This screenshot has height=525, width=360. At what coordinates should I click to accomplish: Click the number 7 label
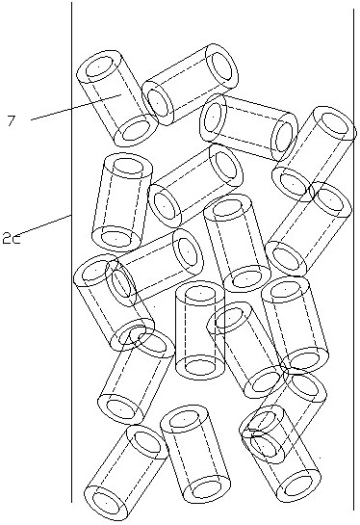pos(11,120)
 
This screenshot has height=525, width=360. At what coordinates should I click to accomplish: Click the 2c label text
pos(11,238)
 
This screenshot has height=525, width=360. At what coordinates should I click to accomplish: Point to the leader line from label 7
pos(76,107)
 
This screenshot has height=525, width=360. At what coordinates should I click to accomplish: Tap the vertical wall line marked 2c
pos(71,251)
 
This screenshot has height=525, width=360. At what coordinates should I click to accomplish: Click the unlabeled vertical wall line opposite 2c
pos(353,259)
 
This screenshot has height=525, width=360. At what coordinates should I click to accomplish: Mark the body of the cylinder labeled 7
pos(117,99)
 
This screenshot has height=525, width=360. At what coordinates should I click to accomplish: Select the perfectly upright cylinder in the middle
pos(200,330)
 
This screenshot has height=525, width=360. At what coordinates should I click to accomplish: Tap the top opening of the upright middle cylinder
pos(200,294)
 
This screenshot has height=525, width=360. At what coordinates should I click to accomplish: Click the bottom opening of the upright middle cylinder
pos(200,367)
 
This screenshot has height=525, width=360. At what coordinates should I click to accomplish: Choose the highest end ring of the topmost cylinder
pos(221,66)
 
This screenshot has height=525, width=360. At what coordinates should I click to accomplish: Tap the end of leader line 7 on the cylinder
pos(120,94)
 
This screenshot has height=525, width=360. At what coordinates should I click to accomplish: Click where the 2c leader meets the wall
pos(71,215)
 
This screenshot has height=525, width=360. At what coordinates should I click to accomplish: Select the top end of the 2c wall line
pos(71,2)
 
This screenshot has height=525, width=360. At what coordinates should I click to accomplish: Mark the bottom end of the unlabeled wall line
pos(353,510)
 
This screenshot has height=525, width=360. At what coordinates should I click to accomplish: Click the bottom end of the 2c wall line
pos(71,502)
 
